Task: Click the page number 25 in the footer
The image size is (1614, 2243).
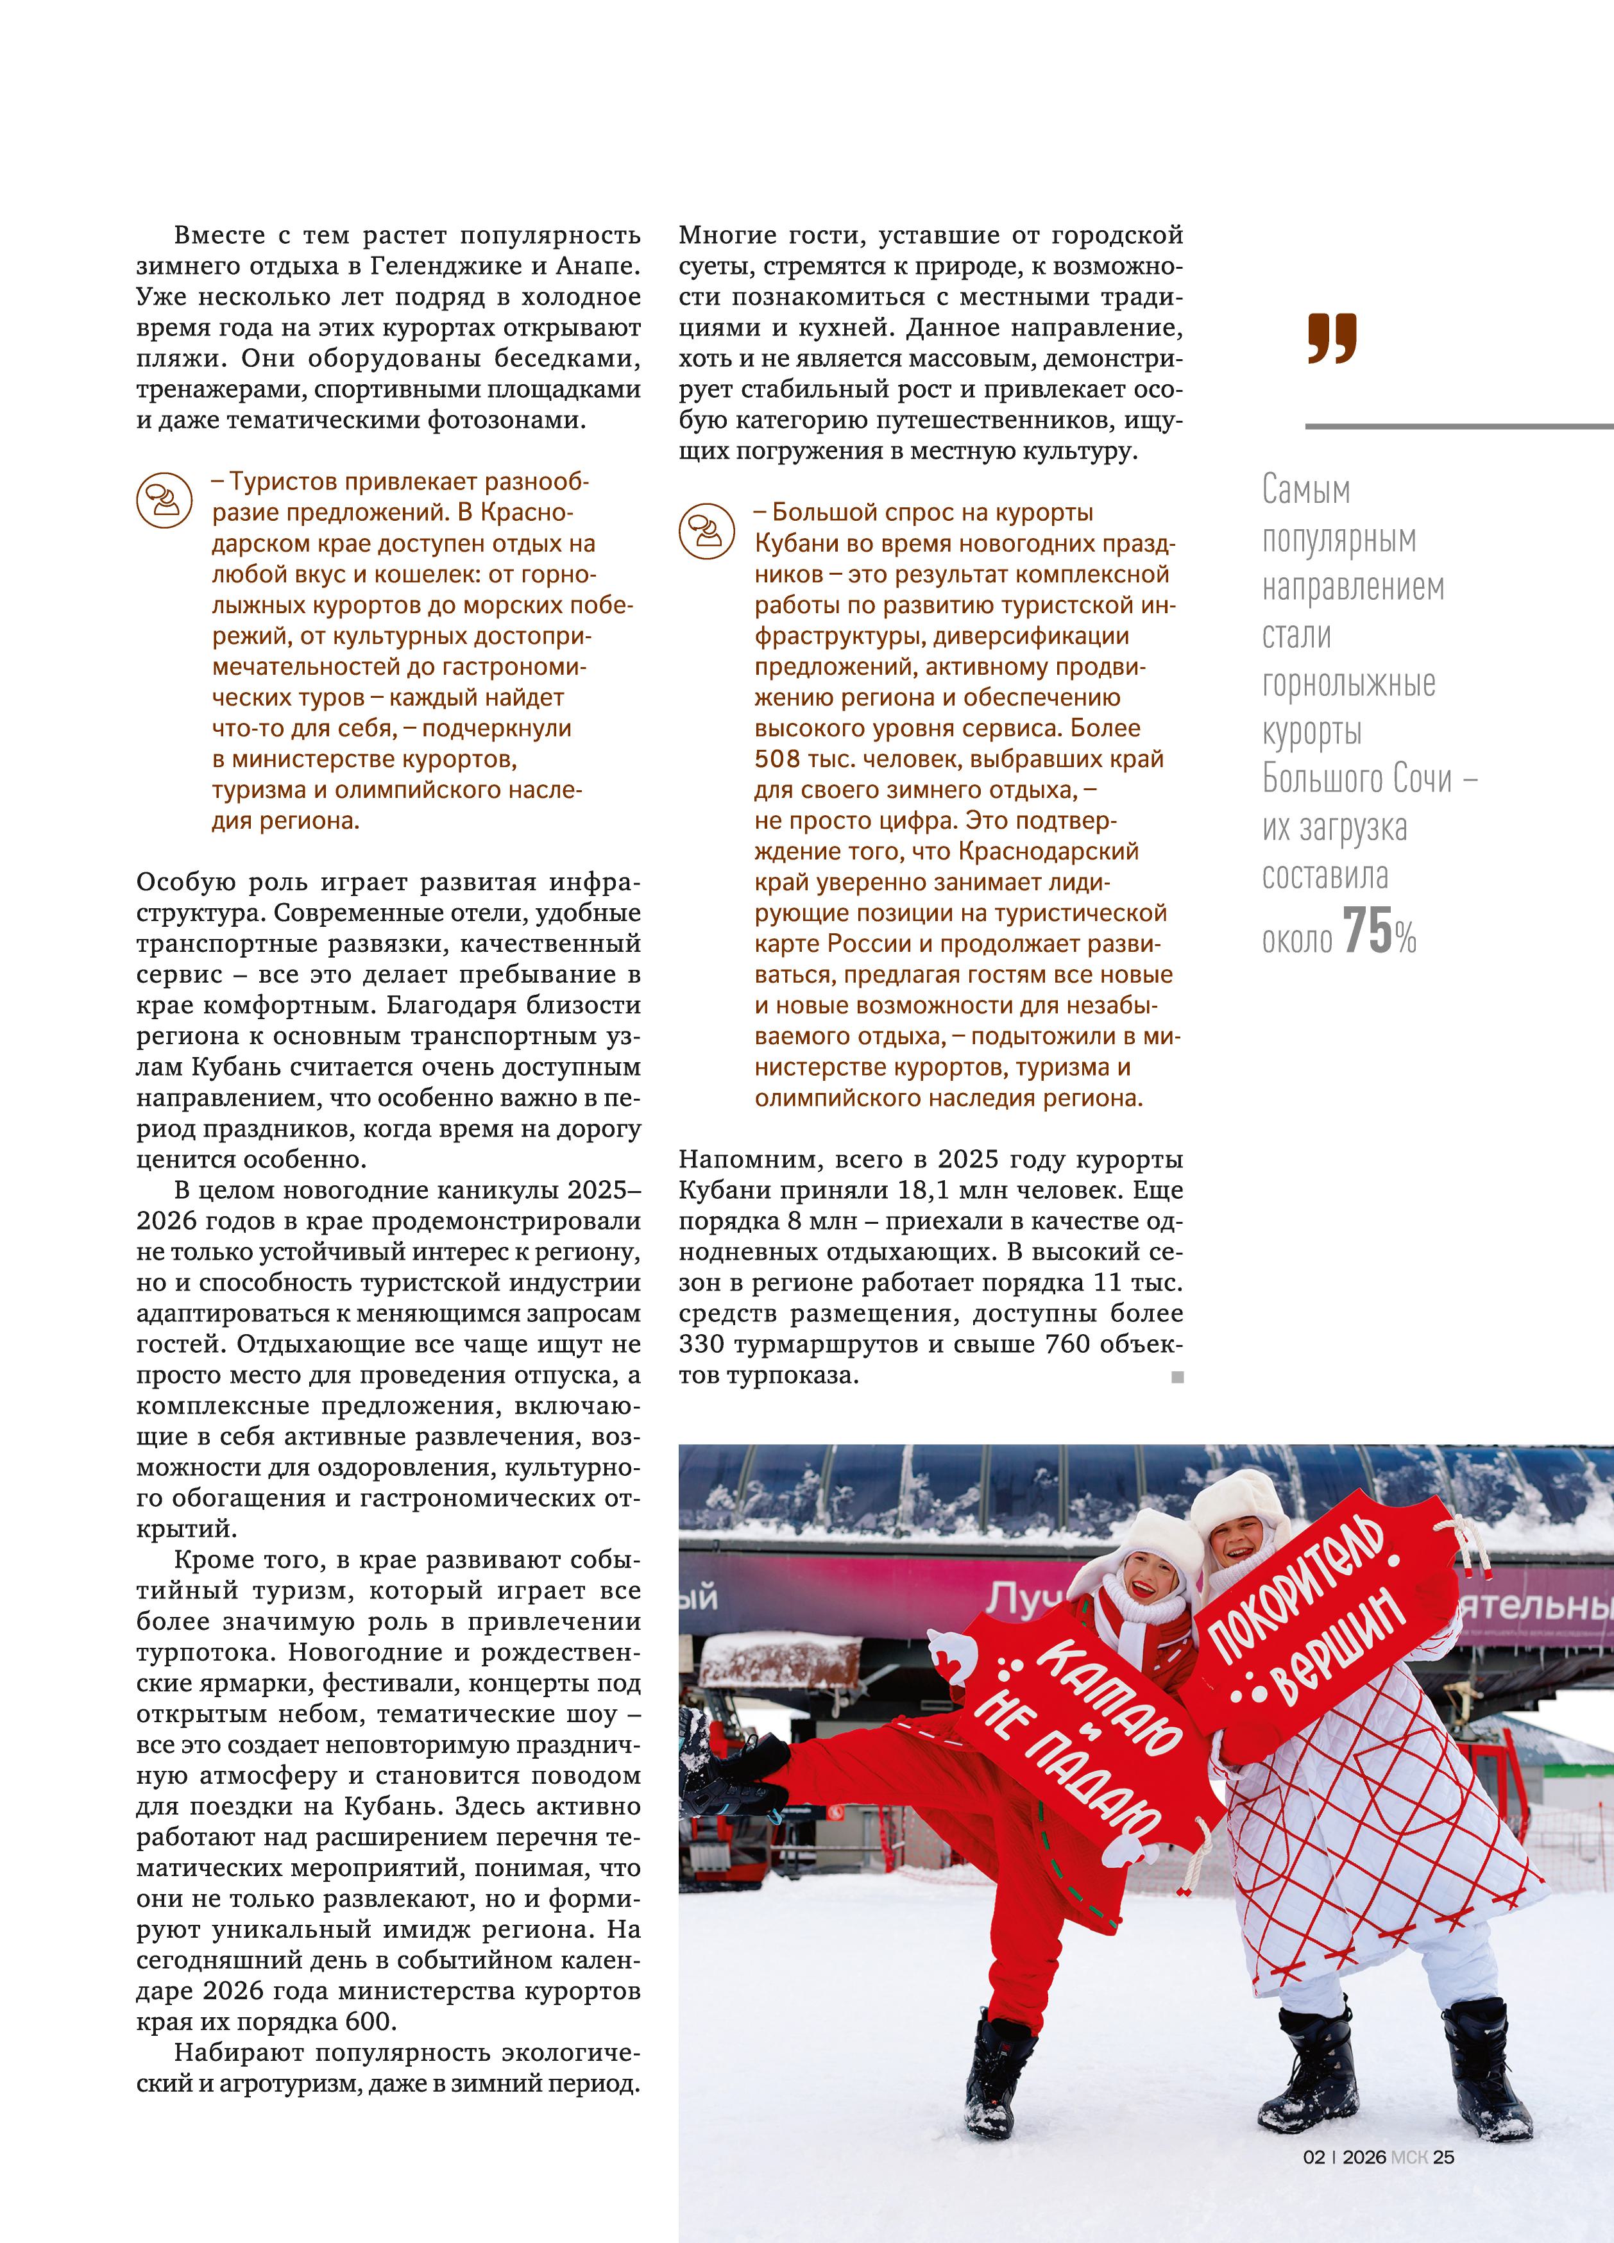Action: click(x=1444, y=2157)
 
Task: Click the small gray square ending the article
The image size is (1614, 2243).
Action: click(x=1177, y=1376)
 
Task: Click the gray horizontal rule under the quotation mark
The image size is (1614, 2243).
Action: click(x=1459, y=427)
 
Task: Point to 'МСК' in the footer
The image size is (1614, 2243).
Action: click(x=1408, y=2157)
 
